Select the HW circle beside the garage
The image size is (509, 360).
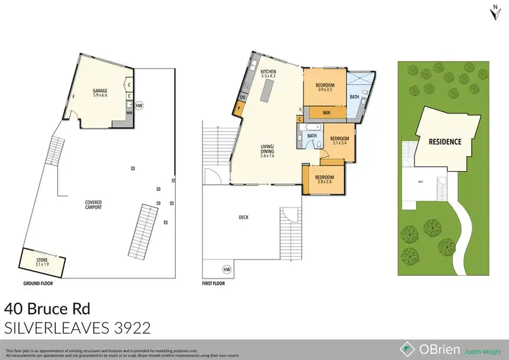point(139,106)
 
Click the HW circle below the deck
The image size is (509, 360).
point(225,269)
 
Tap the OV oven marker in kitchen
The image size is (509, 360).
point(242,97)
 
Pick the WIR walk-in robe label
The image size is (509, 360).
point(326,112)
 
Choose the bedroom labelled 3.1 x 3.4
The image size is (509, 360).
point(339,141)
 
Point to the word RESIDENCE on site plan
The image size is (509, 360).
point(445,142)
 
